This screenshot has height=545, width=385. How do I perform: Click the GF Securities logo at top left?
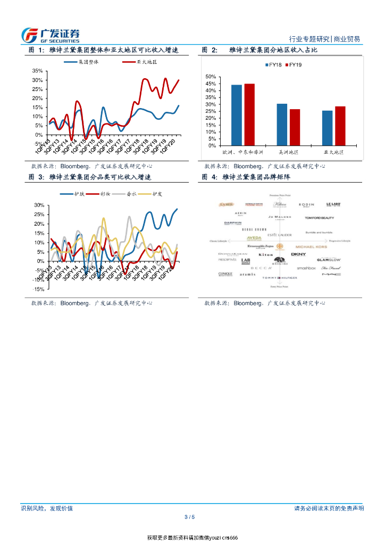point(50,35)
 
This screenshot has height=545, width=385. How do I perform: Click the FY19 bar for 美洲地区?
point(295,127)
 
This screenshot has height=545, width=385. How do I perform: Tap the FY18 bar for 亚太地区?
point(328,128)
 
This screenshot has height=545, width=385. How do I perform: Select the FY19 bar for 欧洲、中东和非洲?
point(249,114)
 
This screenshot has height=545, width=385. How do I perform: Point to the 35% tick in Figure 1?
point(38,71)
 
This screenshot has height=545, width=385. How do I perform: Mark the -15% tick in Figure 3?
point(38,289)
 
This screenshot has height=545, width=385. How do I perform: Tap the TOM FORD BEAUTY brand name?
point(319,218)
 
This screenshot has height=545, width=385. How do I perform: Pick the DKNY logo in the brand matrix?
point(298,254)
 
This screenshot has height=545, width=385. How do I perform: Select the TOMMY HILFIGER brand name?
point(280,278)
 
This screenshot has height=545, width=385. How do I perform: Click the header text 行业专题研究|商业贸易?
point(324,39)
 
